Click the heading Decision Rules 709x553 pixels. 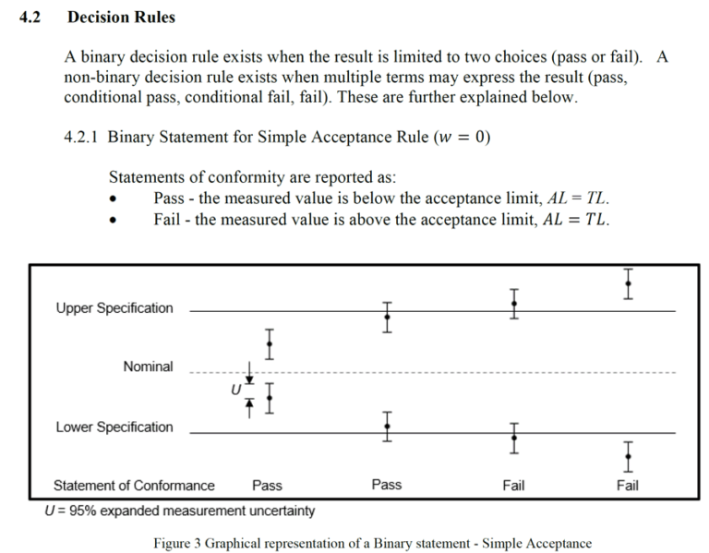(x=121, y=17)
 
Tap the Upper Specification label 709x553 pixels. (x=114, y=307)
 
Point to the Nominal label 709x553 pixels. (x=148, y=367)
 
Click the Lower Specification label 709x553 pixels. (x=114, y=427)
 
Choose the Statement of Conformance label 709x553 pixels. (x=134, y=485)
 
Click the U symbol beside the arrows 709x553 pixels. (x=236, y=391)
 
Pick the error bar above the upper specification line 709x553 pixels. (x=628, y=283)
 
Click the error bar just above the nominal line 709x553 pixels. (x=269, y=343)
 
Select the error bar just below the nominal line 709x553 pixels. (x=269, y=397)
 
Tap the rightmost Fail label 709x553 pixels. (x=627, y=485)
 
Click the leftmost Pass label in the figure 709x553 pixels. (x=267, y=485)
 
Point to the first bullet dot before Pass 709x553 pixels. (x=113, y=198)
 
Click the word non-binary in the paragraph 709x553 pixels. (x=101, y=78)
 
